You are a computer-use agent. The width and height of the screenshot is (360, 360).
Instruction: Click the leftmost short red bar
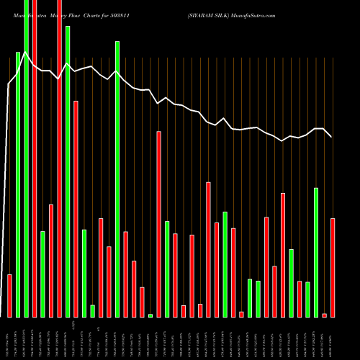(9, 295)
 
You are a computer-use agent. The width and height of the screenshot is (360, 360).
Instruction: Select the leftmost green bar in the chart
(18, 184)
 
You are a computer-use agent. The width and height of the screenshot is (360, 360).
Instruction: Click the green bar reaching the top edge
(26, 158)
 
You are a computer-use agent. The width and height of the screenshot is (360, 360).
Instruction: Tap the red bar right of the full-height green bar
(35, 158)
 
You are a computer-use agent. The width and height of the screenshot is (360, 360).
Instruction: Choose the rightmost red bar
(333, 267)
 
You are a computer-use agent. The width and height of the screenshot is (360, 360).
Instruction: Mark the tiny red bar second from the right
(324, 315)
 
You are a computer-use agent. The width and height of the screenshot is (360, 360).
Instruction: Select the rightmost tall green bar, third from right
(316, 252)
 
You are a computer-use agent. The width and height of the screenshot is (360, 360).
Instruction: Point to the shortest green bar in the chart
(150, 315)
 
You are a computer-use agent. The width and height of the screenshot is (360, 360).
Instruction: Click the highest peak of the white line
(26, 52)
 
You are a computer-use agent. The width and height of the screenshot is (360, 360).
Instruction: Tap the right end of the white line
(331, 136)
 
